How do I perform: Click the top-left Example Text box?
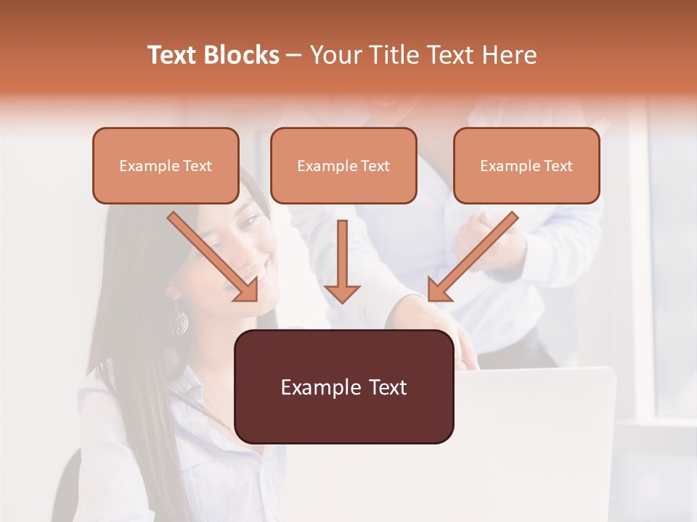point(166,166)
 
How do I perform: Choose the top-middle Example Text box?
point(343,166)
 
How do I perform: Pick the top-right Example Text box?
point(526,166)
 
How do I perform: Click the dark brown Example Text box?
point(343,387)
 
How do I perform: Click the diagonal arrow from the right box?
point(473,257)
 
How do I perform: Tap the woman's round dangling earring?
point(176,320)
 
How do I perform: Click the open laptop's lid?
point(537,435)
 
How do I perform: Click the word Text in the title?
point(174,55)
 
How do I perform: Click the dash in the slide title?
point(294,55)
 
